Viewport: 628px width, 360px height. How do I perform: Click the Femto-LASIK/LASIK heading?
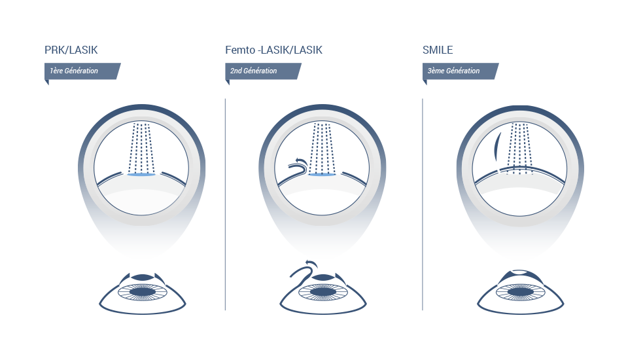[273, 50]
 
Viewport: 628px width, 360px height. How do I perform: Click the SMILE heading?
[438, 50]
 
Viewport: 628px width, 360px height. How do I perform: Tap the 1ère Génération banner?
[82, 71]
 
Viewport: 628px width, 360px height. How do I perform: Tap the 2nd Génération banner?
[262, 71]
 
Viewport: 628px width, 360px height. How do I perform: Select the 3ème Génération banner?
[458, 71]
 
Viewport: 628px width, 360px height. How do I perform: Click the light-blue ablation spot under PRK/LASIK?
[141, 175]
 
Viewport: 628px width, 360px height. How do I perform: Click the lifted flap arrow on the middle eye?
[305, 266]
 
